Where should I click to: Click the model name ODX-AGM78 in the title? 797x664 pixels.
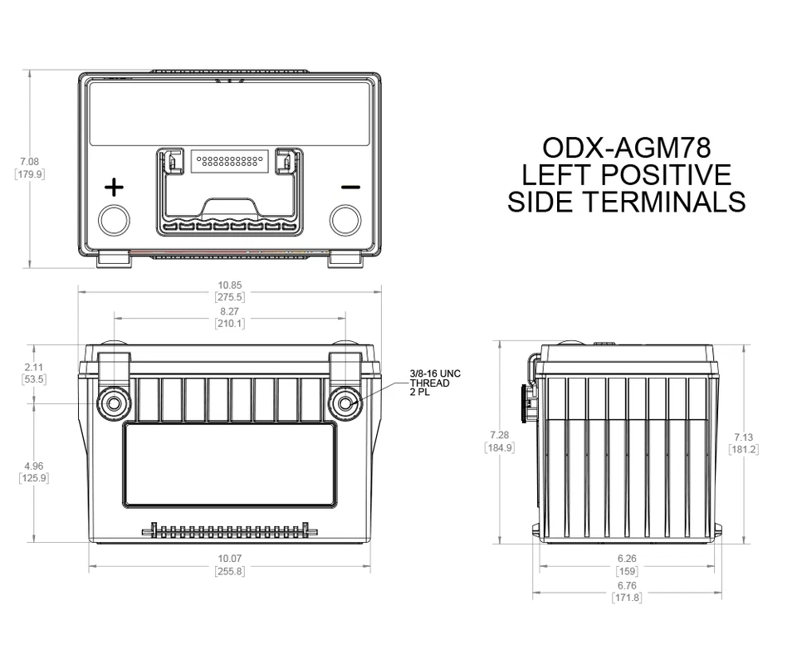coord(626,148)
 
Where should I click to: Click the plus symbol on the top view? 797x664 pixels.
coord(114,187)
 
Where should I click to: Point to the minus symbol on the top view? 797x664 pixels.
coord(350,187)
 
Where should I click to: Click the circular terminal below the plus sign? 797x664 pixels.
coord(115,220)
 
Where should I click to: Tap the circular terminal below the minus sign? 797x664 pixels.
coord(345,220)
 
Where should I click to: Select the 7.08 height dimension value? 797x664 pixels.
coord(31,161)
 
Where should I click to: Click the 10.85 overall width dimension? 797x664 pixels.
coord(229,285)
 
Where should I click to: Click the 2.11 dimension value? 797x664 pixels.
coord(34,366)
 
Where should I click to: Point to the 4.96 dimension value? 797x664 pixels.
coord(34,466)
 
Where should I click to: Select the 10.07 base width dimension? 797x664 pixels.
coord(229,559)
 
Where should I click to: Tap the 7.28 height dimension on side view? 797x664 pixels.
coord(499,435)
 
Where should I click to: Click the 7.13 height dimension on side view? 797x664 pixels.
coord(743,437)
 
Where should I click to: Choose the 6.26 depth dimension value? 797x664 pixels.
coord(627,559)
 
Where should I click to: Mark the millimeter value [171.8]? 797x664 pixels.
coord(627,598)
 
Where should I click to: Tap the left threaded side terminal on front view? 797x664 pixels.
coord(114,403)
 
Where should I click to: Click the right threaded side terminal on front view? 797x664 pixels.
coord(344,403)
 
